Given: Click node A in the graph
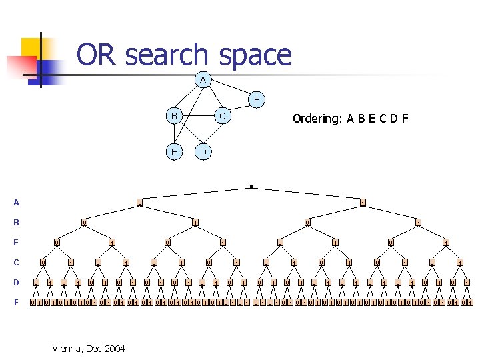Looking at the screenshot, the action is coord(203,81).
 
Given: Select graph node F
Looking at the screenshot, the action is coord(257,101).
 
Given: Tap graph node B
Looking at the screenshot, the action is coord(174,116).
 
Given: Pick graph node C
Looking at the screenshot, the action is coord(223,116).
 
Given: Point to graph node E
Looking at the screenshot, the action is coord(174,151).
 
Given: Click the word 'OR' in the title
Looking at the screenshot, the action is coord(97,55).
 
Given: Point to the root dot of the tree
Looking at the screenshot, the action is coord(251,186).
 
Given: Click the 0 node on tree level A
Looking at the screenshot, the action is coord(139,203).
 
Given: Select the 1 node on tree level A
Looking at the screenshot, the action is coord(363,203).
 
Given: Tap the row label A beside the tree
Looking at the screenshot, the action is coord(16,203).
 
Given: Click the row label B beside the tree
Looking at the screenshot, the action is coord(16,223).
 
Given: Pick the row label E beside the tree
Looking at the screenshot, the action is coord(16,243).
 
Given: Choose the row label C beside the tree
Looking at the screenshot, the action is coord(16,263).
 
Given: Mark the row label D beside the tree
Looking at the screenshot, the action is coord(16,283).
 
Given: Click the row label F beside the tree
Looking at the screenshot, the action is coord(16,303).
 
